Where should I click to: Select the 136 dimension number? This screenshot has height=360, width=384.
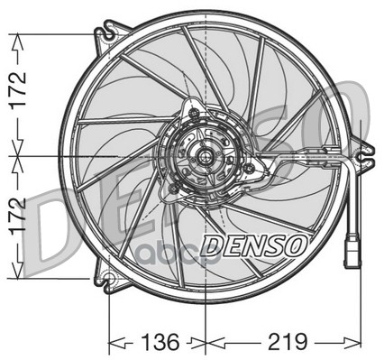(160, 342)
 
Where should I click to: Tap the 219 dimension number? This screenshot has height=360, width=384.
(288, 342)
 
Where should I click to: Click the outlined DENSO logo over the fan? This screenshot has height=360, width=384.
(254, 245)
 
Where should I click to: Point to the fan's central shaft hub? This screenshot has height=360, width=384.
(205, 155)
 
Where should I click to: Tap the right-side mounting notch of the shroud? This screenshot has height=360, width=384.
(364, 156)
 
